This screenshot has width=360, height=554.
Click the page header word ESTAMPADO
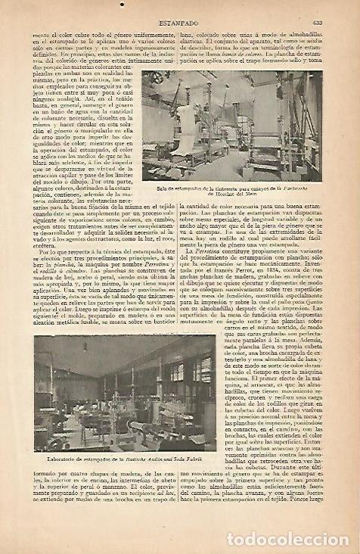point(178,10)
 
